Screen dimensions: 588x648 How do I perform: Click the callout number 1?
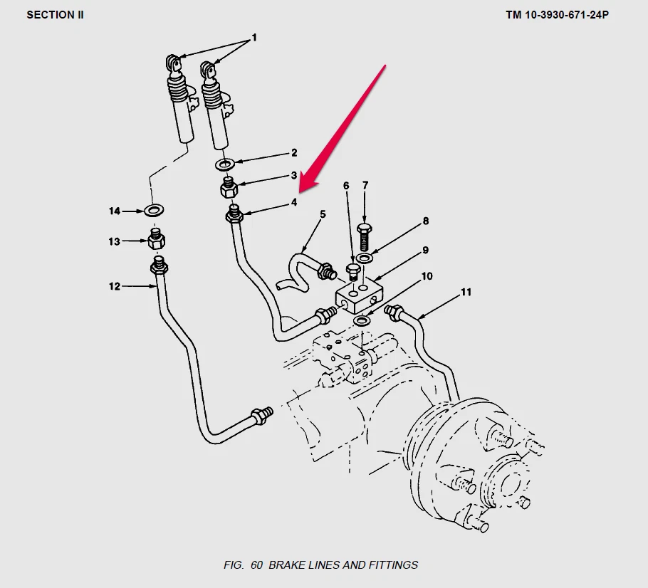point(254,37)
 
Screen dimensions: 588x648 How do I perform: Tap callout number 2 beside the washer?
point(293,153)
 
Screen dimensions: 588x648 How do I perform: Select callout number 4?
point(293,202)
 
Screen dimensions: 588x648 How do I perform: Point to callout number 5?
point(323,214)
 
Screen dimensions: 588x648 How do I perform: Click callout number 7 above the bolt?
point(365,186)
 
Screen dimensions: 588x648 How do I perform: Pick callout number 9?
point(425,250)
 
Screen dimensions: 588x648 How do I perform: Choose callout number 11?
point(466,292)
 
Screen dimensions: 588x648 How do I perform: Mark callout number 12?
point(115,287)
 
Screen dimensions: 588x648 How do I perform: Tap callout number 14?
point(115,211)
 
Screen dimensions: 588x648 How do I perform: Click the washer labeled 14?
point(153,211)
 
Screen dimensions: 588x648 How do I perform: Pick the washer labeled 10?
point(362,322)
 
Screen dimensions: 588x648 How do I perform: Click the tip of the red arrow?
point(300,191)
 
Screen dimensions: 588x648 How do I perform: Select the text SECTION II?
point(55,14)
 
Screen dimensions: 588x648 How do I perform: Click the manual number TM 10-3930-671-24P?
point(557,14)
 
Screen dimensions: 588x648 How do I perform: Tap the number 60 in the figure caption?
point(256,565)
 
